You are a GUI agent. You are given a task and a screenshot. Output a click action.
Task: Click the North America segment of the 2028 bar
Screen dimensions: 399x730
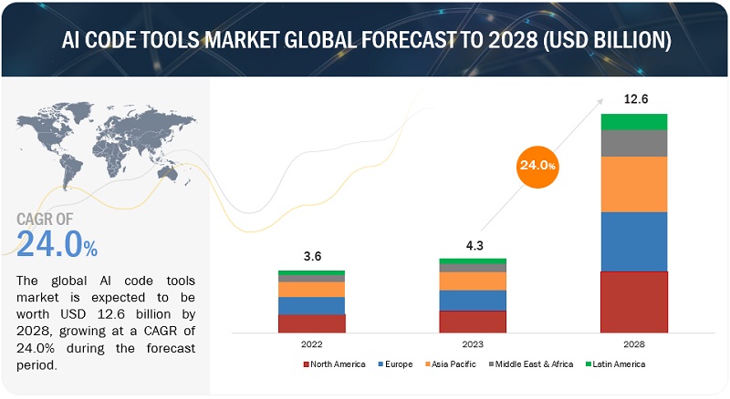[x=633, y=302]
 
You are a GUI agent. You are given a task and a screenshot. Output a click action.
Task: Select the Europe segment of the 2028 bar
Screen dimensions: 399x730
[x=633, y=241]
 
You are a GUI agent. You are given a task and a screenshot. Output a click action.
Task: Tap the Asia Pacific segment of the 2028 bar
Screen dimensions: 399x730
[x=633, y=184]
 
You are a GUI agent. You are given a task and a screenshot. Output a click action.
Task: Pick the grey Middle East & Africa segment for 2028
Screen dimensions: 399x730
[x=633, y=143]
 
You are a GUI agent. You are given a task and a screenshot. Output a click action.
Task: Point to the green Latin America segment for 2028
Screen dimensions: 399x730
[x=633, y=122]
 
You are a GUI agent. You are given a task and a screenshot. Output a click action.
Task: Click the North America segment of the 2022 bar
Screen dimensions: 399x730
[x=311, y=323]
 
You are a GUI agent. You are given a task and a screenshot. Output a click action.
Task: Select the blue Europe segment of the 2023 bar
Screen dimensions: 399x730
[x=473, y=301]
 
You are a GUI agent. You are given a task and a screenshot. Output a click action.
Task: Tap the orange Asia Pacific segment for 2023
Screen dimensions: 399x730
[x=473, y=281]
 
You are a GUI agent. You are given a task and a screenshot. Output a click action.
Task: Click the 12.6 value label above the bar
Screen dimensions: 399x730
[x=633, y=99]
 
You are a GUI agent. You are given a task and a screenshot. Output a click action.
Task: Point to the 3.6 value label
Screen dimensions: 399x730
[x=311, y=256]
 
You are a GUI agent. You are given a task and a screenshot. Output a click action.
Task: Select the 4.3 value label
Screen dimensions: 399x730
[x=473, y=244]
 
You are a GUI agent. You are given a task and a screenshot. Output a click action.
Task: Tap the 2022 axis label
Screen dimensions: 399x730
[x=311, y=343]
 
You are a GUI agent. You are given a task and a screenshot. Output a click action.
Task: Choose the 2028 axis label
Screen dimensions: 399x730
[x=633, y=343]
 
